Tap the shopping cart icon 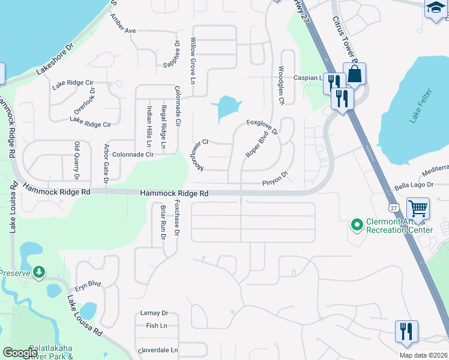click(418, 209)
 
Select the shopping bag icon click(355, 74)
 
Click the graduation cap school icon click(435, 9)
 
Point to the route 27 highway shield click(394, 206)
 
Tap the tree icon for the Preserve click(40, 272)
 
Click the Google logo click(20, 353)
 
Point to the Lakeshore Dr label click(54, 59)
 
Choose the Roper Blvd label click(256, 145)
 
